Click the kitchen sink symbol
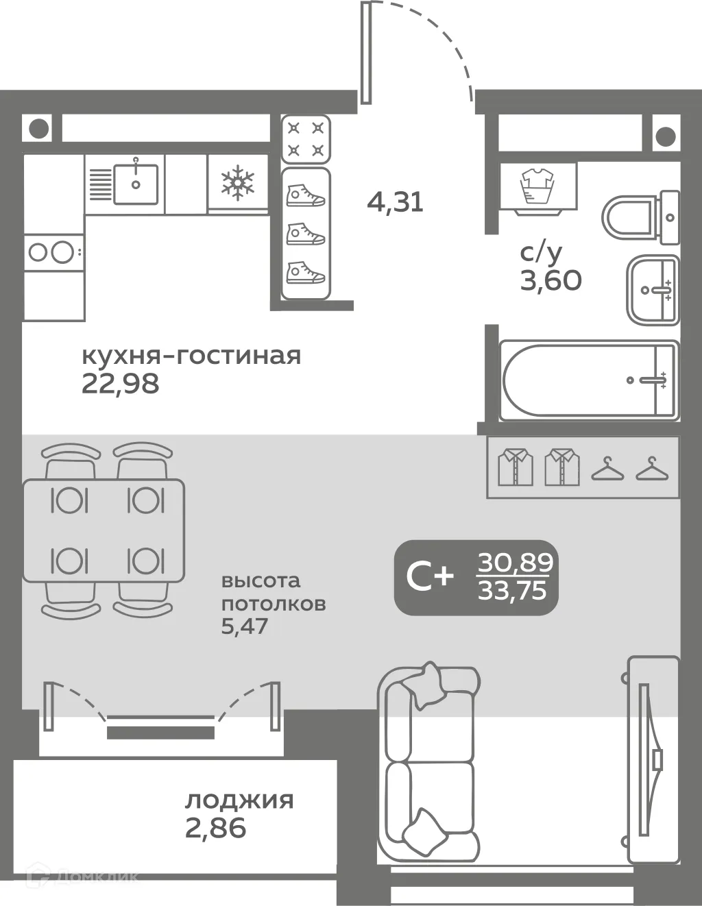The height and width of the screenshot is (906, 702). pos(135,184)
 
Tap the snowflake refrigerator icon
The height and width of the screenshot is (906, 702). pos(237,182)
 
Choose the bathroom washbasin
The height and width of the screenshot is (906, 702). pos(652,290)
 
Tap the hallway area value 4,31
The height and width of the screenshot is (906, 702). pos(396,201)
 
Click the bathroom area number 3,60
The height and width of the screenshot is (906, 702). pos(550,280)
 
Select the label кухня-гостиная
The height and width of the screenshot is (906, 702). pos(191,356)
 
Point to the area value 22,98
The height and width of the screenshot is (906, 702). pos(121,384)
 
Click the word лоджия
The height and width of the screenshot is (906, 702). pos(239,800)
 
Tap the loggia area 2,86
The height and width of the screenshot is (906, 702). pos(215,828)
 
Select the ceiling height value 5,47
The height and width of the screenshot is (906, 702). pos(244,626)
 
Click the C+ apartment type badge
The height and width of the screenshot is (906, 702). pos(430,577)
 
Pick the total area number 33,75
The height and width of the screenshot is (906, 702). pos(513,589)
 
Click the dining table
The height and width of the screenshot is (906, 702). pos(104,530)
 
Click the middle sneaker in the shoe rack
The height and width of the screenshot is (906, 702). pos(305,234)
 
